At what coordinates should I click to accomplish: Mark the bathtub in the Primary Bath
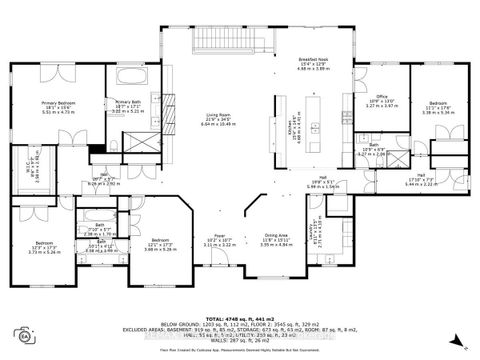tap(132, 79)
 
